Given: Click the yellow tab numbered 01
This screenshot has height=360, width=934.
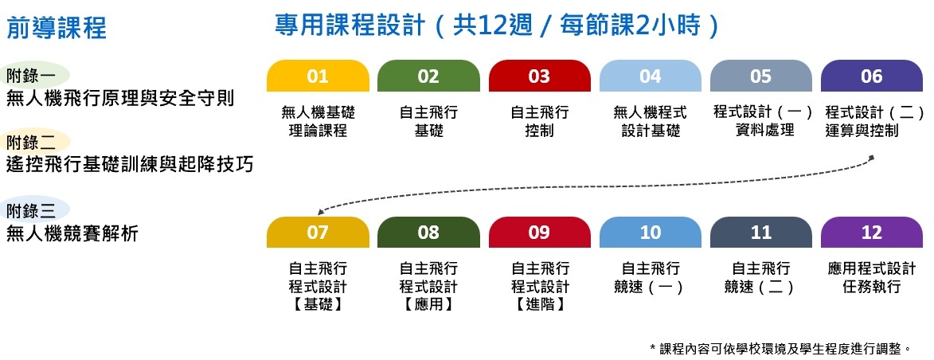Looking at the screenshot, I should tap(318, 76).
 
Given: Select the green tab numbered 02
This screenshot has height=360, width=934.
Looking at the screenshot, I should tap(428, 76).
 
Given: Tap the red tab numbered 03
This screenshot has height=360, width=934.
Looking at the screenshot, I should tap(539, 76).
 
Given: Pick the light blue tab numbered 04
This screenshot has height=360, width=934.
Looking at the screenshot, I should tap(651, 76).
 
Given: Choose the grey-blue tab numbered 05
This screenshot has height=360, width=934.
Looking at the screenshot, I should tap(761, 76).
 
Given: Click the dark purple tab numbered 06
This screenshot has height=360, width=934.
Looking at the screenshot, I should tap(872, 76).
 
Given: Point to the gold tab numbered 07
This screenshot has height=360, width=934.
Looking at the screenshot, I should tap(318, 233).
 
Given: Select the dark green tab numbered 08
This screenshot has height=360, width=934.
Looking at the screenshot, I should tap(428, 233).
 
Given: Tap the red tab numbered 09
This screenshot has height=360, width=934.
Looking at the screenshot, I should tap(539, 233).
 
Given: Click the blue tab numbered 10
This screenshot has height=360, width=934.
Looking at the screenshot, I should tap(651, 233).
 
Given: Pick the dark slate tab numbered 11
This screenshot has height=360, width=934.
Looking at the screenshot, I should tap(761, 233).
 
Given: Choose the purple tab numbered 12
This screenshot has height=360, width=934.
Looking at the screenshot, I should tap(872, 233).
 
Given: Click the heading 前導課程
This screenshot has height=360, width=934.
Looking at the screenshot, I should tap(57, 29).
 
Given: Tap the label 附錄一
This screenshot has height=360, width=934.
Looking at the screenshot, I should tap(31, 76).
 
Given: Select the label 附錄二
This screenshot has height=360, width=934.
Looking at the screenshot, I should tap(31, 143).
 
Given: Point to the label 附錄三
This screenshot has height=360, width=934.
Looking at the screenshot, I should tap(31, 211).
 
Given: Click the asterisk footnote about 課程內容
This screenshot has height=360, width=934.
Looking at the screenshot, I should tap(780, 348).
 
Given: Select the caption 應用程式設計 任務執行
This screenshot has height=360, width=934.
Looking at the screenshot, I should tap(872, 277).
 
